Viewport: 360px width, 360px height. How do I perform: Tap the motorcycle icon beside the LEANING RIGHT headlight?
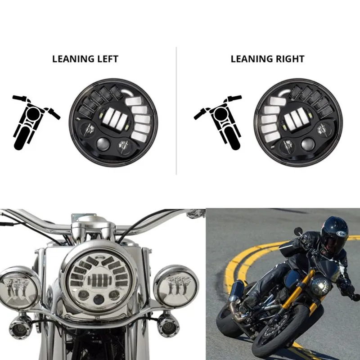click(218, 121)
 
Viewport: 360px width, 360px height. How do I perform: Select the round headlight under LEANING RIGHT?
click(298, 122)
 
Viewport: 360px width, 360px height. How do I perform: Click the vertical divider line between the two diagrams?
click(176, 110)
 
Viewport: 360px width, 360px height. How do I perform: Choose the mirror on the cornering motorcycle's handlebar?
click(298, 231)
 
